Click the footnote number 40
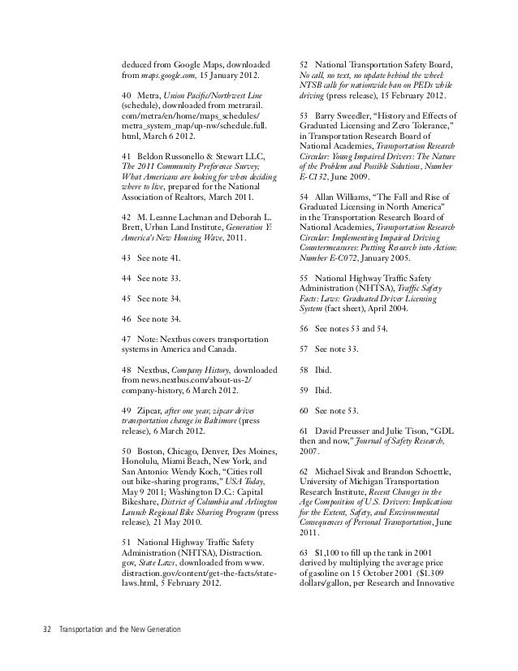pos(126,97)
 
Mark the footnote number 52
pos(304,64)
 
